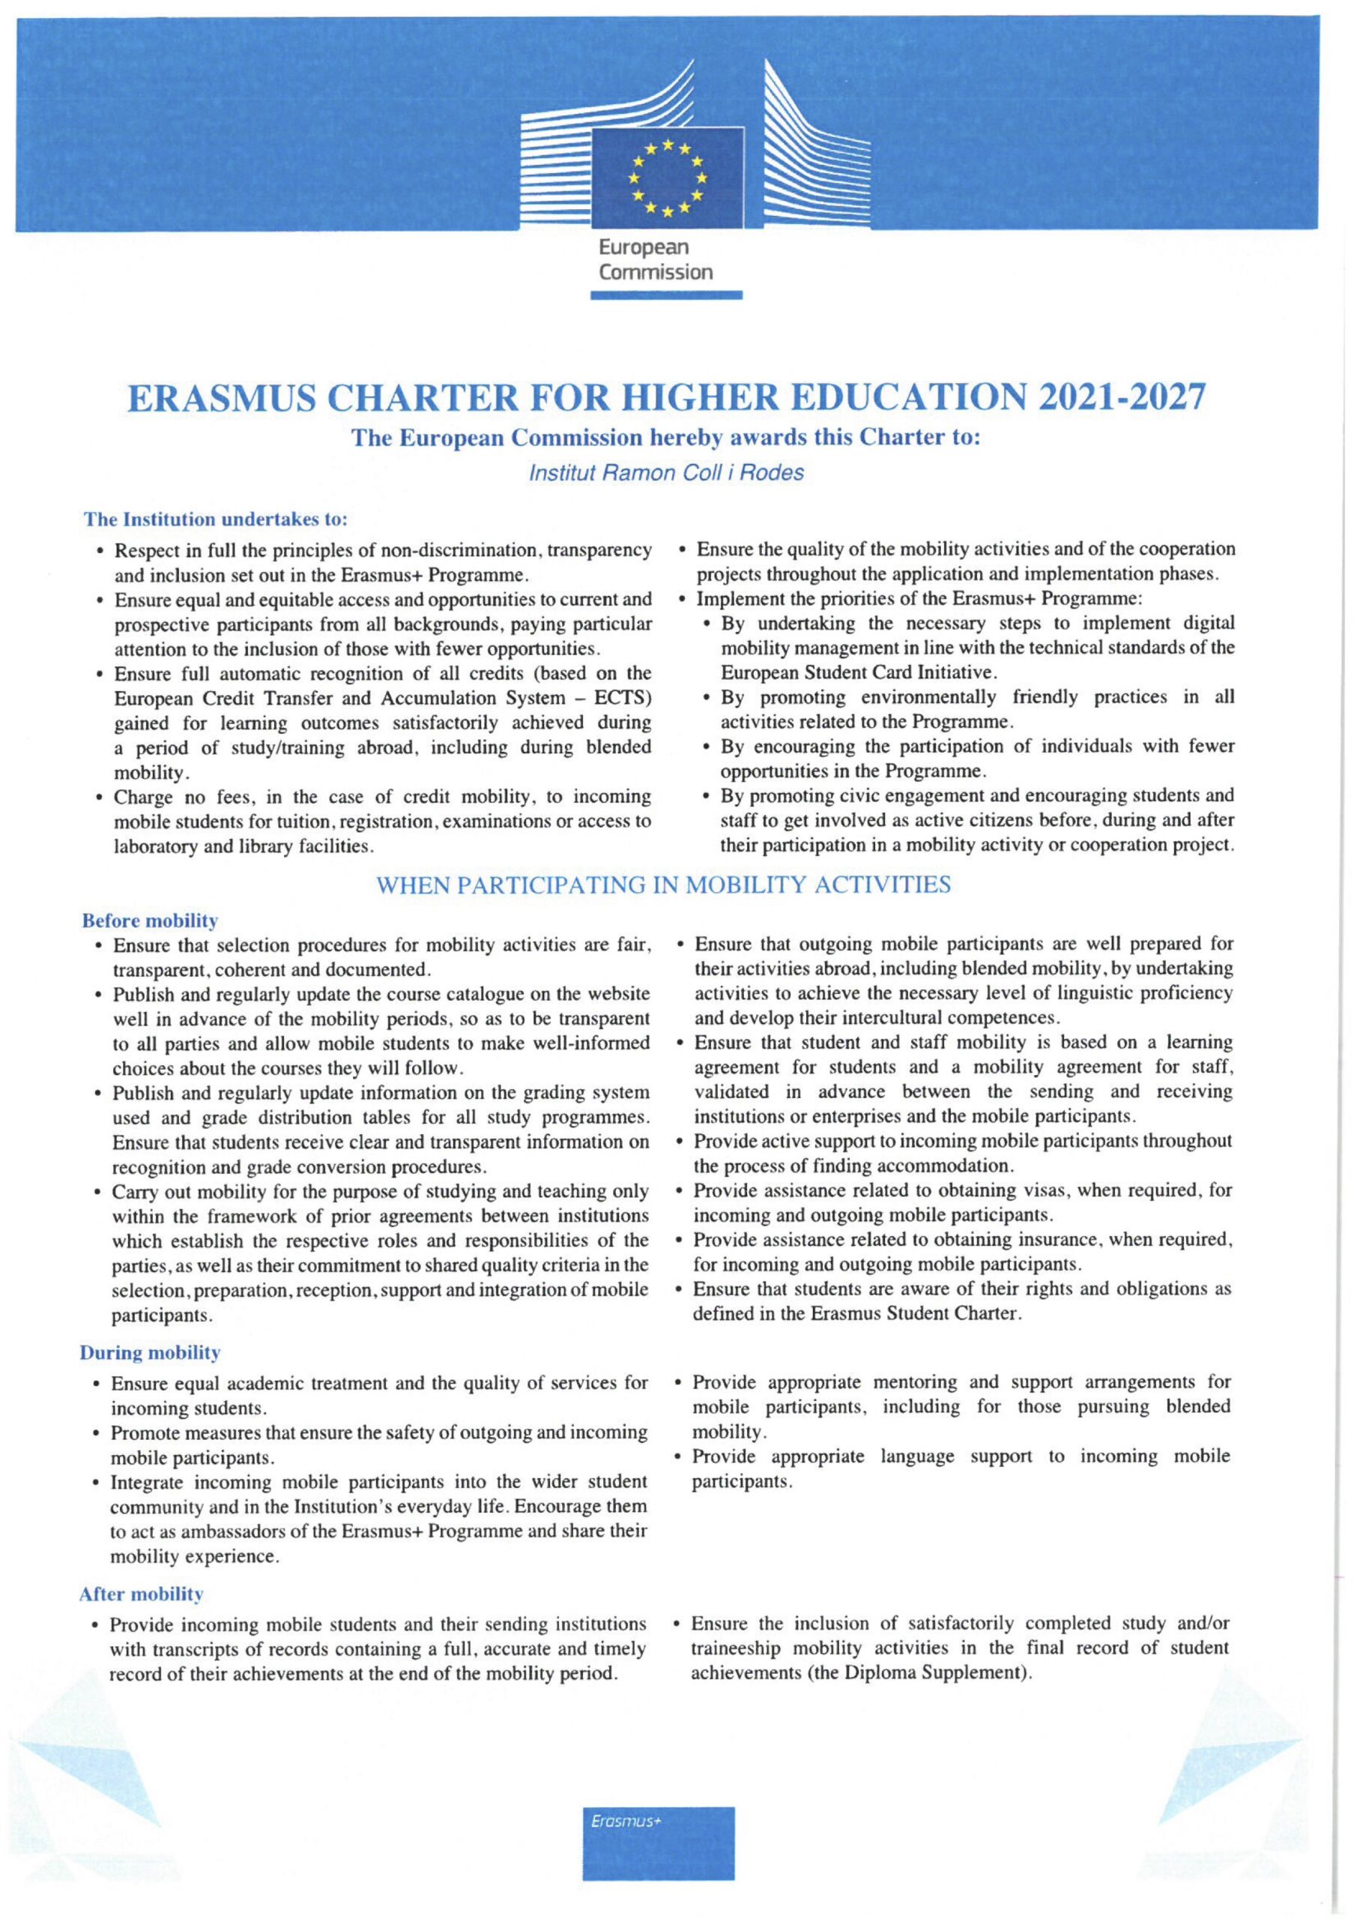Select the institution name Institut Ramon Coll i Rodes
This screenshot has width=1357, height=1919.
666,473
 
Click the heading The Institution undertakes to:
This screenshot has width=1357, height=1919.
216,519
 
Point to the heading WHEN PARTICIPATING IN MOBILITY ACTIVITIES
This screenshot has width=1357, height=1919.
665,885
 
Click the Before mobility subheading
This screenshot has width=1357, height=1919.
151,921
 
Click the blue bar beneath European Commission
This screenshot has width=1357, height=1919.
666,294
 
